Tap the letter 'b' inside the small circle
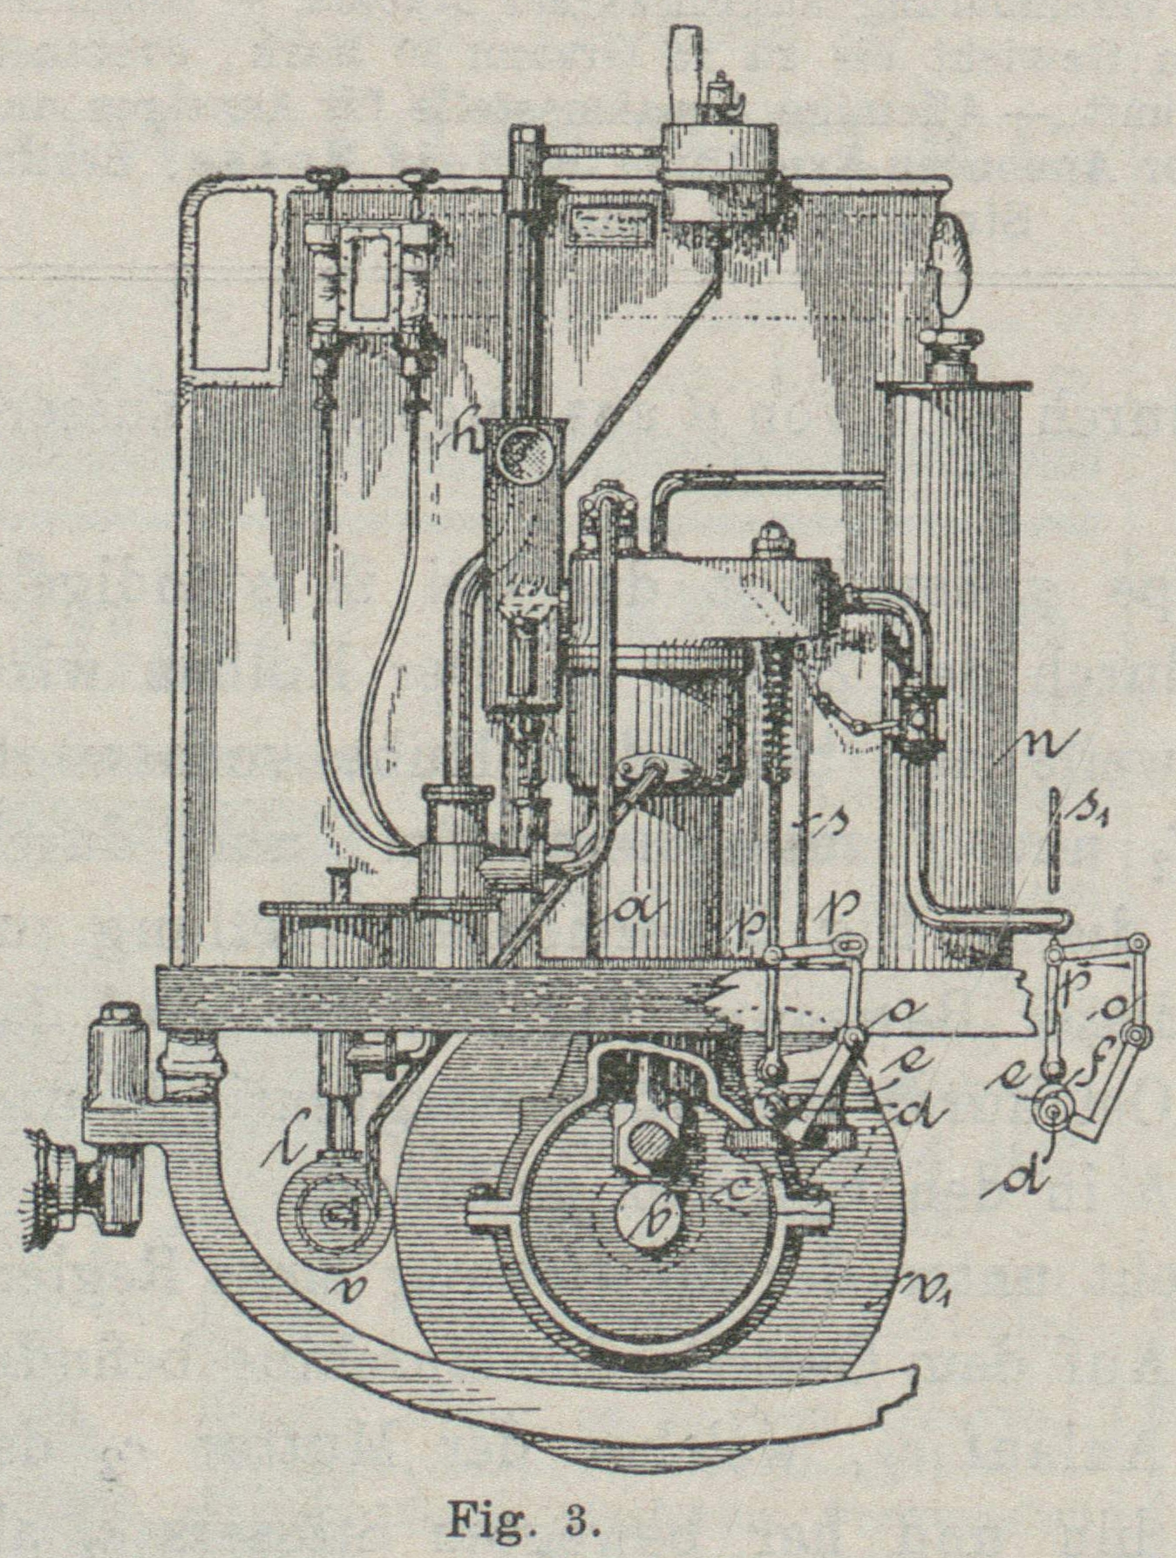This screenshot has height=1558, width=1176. point(659,1221)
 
